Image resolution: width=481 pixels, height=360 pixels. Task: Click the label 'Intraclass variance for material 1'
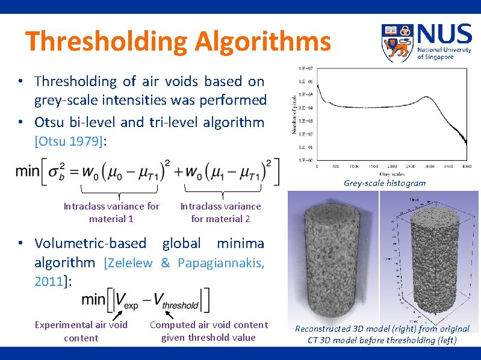(x=111, y=212)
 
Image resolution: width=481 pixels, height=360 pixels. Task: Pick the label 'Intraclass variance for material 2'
(x=220, y=212)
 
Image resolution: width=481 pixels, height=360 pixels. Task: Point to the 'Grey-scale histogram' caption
(x=385, y=183)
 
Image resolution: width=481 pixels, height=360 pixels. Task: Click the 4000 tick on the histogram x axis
(x=466, y=166)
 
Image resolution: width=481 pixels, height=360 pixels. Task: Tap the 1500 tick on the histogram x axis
(x=373, y=166)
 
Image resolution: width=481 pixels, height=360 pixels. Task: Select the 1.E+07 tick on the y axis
(x=305, y=69)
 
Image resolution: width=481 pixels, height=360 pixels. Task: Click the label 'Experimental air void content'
(x=81, y=331)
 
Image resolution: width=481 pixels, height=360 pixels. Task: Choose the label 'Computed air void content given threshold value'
(x=208, y=331)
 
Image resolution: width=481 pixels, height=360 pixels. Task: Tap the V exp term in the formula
(x=125, y=299)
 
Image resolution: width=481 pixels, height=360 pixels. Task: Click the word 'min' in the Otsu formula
(x=28, y=171)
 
